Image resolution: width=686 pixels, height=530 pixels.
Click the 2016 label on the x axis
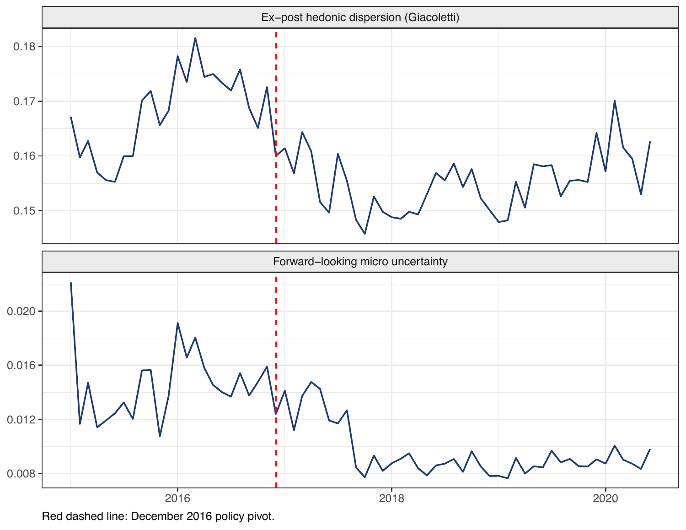coord(178,498)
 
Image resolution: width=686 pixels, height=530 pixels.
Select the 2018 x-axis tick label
coord(391,498)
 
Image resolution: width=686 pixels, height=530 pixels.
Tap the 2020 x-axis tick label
coord(606,498)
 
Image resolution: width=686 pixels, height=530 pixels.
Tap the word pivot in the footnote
coord(262,517)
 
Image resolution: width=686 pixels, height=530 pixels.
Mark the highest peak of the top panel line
coord(195,38)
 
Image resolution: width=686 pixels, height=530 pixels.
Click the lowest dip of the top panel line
coord(364,234)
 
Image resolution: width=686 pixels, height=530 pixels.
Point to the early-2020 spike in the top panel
coord(615,101)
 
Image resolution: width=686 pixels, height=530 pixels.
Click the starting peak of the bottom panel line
coord(71,283)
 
